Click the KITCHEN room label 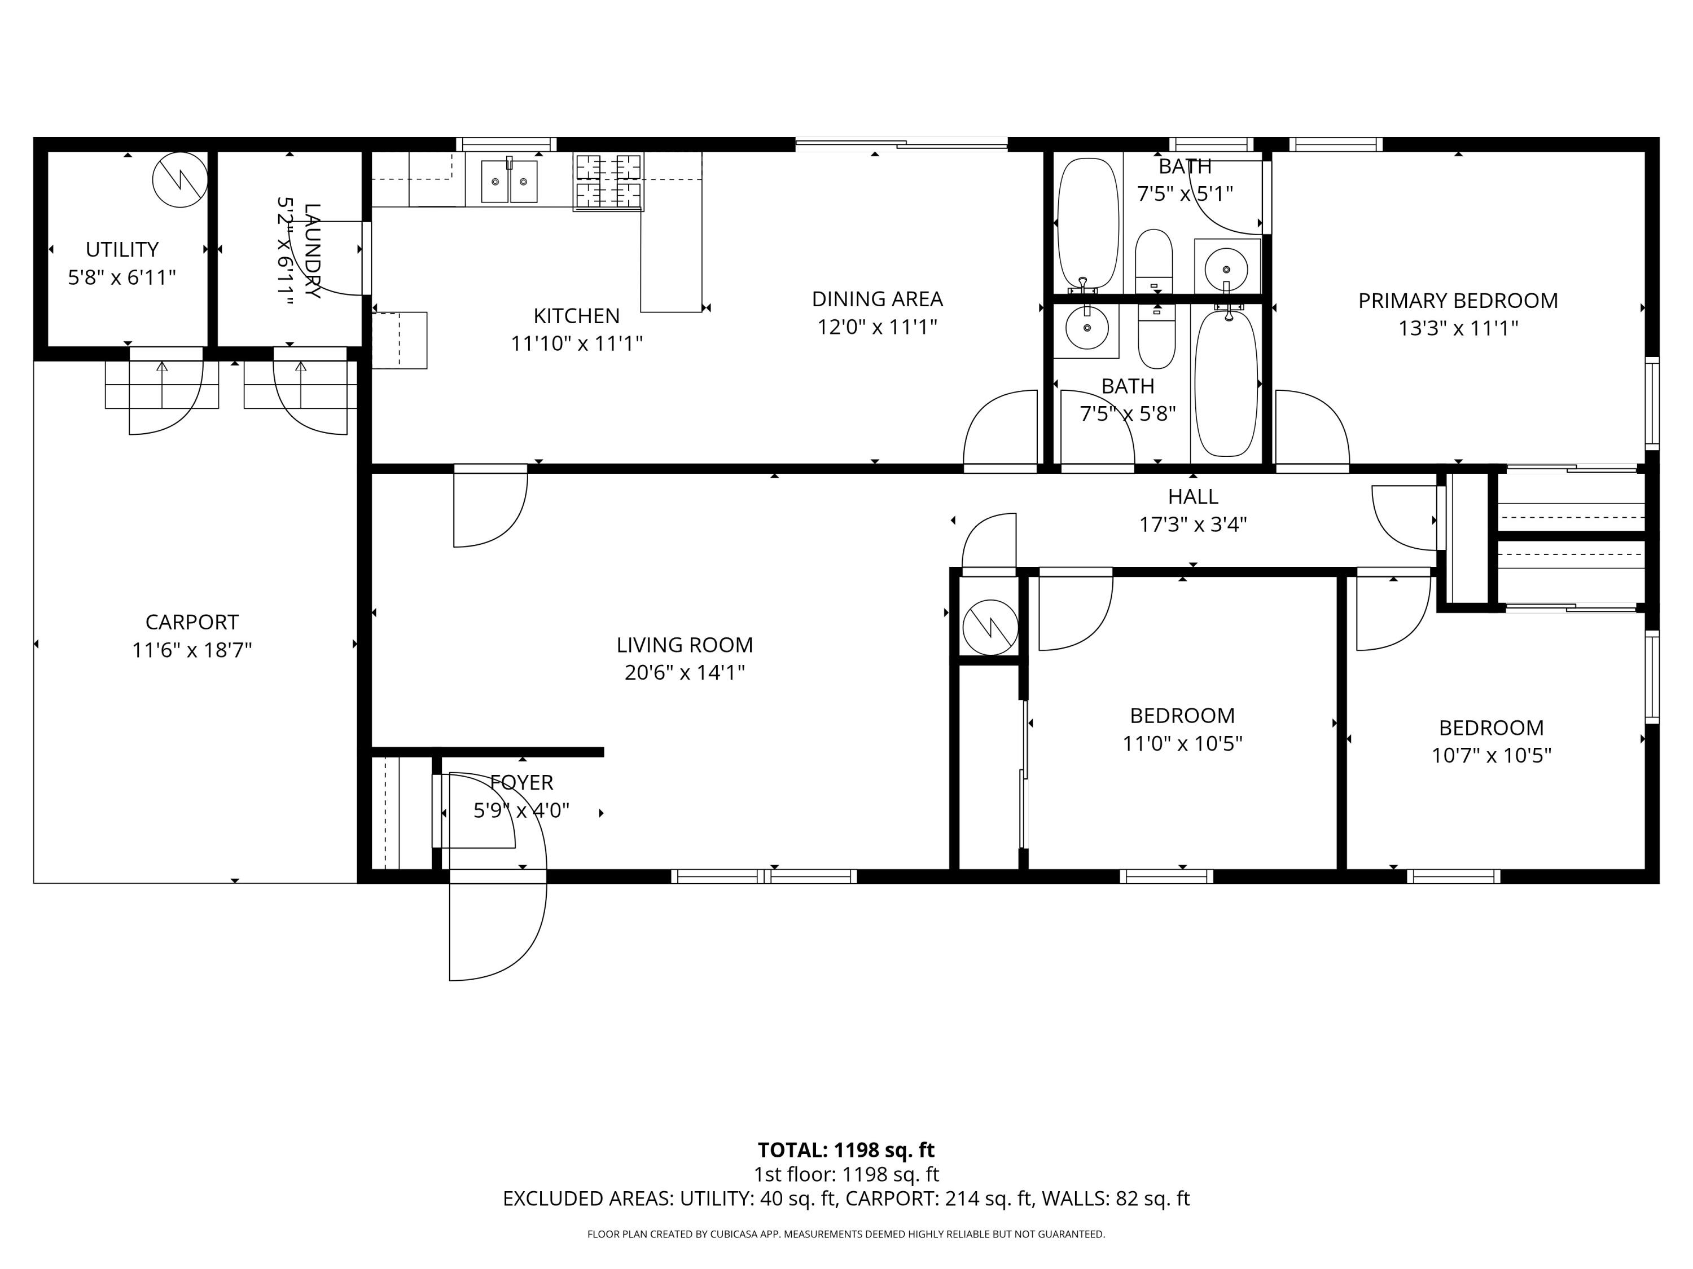click(x=576, y=315)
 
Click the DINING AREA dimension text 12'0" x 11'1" click(x=877, y=327)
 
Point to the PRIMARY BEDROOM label click(x=1458, y=301)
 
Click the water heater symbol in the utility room click(x=180, y=180)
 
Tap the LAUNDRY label click(x=312, y=251)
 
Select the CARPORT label click(x=192, y=622)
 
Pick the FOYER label click(x=521, y=782)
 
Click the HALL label click(x=1193, y=496)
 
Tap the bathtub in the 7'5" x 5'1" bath click(x=1087, y=223)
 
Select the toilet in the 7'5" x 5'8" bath click(x=1156, y=337)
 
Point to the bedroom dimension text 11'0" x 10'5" click(x=1182, y=743)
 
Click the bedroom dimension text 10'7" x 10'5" click(x=1492, y=755)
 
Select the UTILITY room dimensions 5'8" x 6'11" click(x=122, y=277)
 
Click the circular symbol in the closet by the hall click(x=990, y=627)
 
